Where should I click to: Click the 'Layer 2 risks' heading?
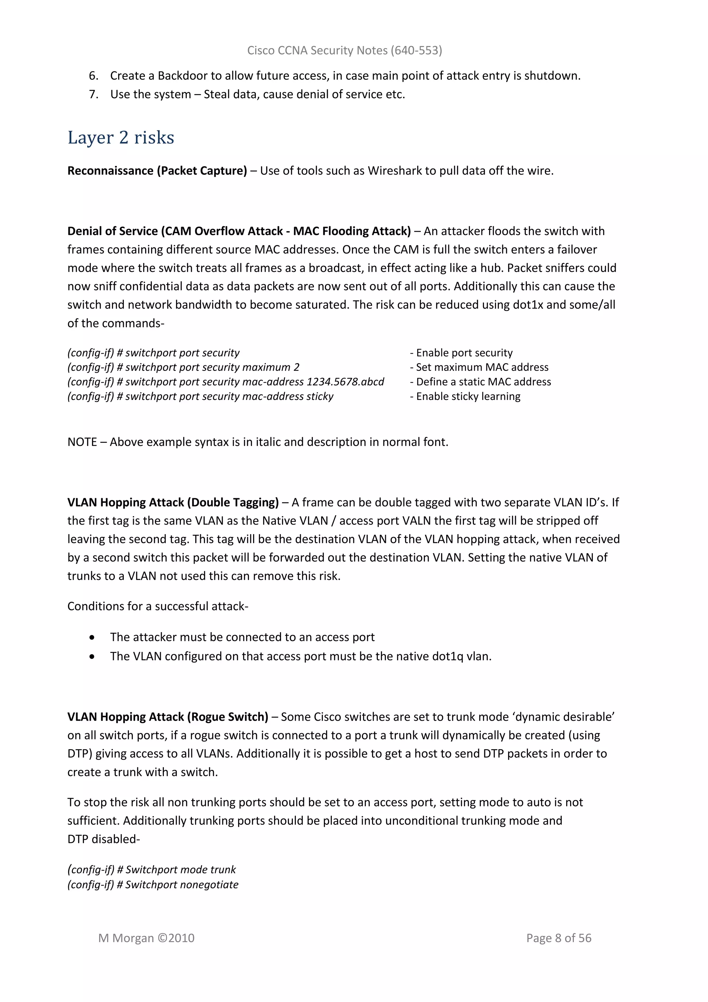pyautogui.click(x=121, y=137)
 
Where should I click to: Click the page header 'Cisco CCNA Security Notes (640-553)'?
pyautogui.click(x=344, y=51)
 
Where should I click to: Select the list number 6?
pyautogui.click(x=93, y=76)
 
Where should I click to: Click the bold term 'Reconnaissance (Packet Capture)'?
pyautogui.click(x=157, y=171)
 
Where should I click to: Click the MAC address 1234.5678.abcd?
pyautogui.click(x=345, y=382)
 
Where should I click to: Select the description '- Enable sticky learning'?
pyautogui.click(x=465, y=396)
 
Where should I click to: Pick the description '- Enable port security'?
pyautogui.click(x=461, y=353)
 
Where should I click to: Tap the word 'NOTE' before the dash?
pyautogui.click(x=82, y=442)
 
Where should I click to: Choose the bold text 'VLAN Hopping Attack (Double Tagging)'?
pyautogui.click(x=173, y=502)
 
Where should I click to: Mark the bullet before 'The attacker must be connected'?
pyautogui.click(x=92, y=638)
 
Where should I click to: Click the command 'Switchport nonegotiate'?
pyautogui.click(x=182, y=885)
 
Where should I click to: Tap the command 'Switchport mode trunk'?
pyautogui.click(x=180, y=870)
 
